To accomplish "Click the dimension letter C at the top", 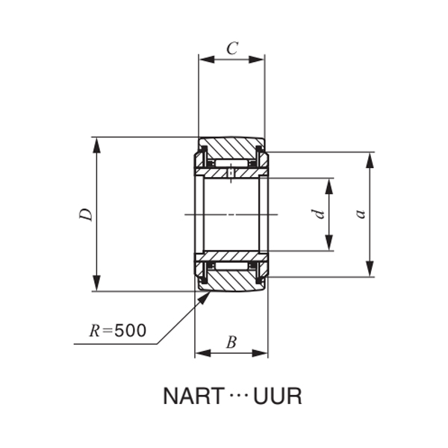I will pyautogui.click(x=232, y=49).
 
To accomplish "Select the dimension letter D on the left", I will pyautogui.click(x=87, y=214).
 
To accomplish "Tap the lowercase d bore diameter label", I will pyautogui.click(x=319, y=214).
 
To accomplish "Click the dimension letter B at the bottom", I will pyautogui.click(x=231, y=343).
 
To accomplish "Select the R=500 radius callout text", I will pyautogui.click(x=117, y=330).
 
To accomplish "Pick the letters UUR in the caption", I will pyautogui.click(x=278, y=396).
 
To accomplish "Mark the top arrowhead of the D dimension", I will pyautogui.click(x=96, y=143).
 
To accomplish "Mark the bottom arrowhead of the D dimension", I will pyautogui.click(x=96, y=285).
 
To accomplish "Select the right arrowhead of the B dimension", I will pyautogui.click(x=262, y=352).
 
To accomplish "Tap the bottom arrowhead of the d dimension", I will pyautogui.click(x=329, y=246).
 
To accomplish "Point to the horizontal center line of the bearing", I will pyautogui.click(x=231, y=215).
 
